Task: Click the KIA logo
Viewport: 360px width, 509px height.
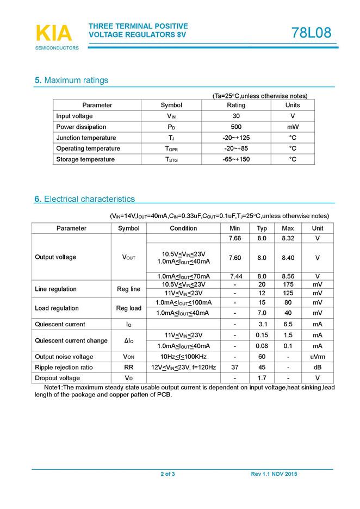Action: click(54, 34)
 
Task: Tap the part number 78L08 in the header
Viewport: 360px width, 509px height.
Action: click(311, 33)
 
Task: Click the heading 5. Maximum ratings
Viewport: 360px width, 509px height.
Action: click(71, 80)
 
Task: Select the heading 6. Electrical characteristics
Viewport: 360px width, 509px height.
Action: click(84, 199)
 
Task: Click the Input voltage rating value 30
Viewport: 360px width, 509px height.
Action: click(236, 116)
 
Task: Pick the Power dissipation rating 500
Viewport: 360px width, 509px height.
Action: click(236, 127)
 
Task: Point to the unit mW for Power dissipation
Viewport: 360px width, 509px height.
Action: click(293, 127)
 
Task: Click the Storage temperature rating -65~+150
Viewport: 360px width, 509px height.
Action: click(236, 159)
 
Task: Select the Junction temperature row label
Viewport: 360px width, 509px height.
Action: click(86, 138)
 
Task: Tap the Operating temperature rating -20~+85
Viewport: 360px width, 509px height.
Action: click(236, 148)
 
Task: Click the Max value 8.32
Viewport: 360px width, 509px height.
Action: click(288, 238)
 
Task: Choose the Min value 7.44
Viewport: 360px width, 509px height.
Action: click(235, 276)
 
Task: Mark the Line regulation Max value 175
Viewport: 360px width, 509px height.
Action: click(288, 284)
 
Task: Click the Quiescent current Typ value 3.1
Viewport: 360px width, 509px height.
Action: click(262, 324)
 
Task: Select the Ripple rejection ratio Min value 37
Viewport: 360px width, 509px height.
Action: click(235, 368)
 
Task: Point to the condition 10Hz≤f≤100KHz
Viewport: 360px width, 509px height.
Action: click(183, 357)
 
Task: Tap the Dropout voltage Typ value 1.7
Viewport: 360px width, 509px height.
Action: click(262, 378)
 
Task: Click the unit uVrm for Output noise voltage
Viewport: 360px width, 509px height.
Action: click(318, 357)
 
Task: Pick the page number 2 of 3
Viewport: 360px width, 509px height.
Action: click(167, 475)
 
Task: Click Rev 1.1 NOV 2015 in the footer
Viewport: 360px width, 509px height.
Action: click(274, 475)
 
